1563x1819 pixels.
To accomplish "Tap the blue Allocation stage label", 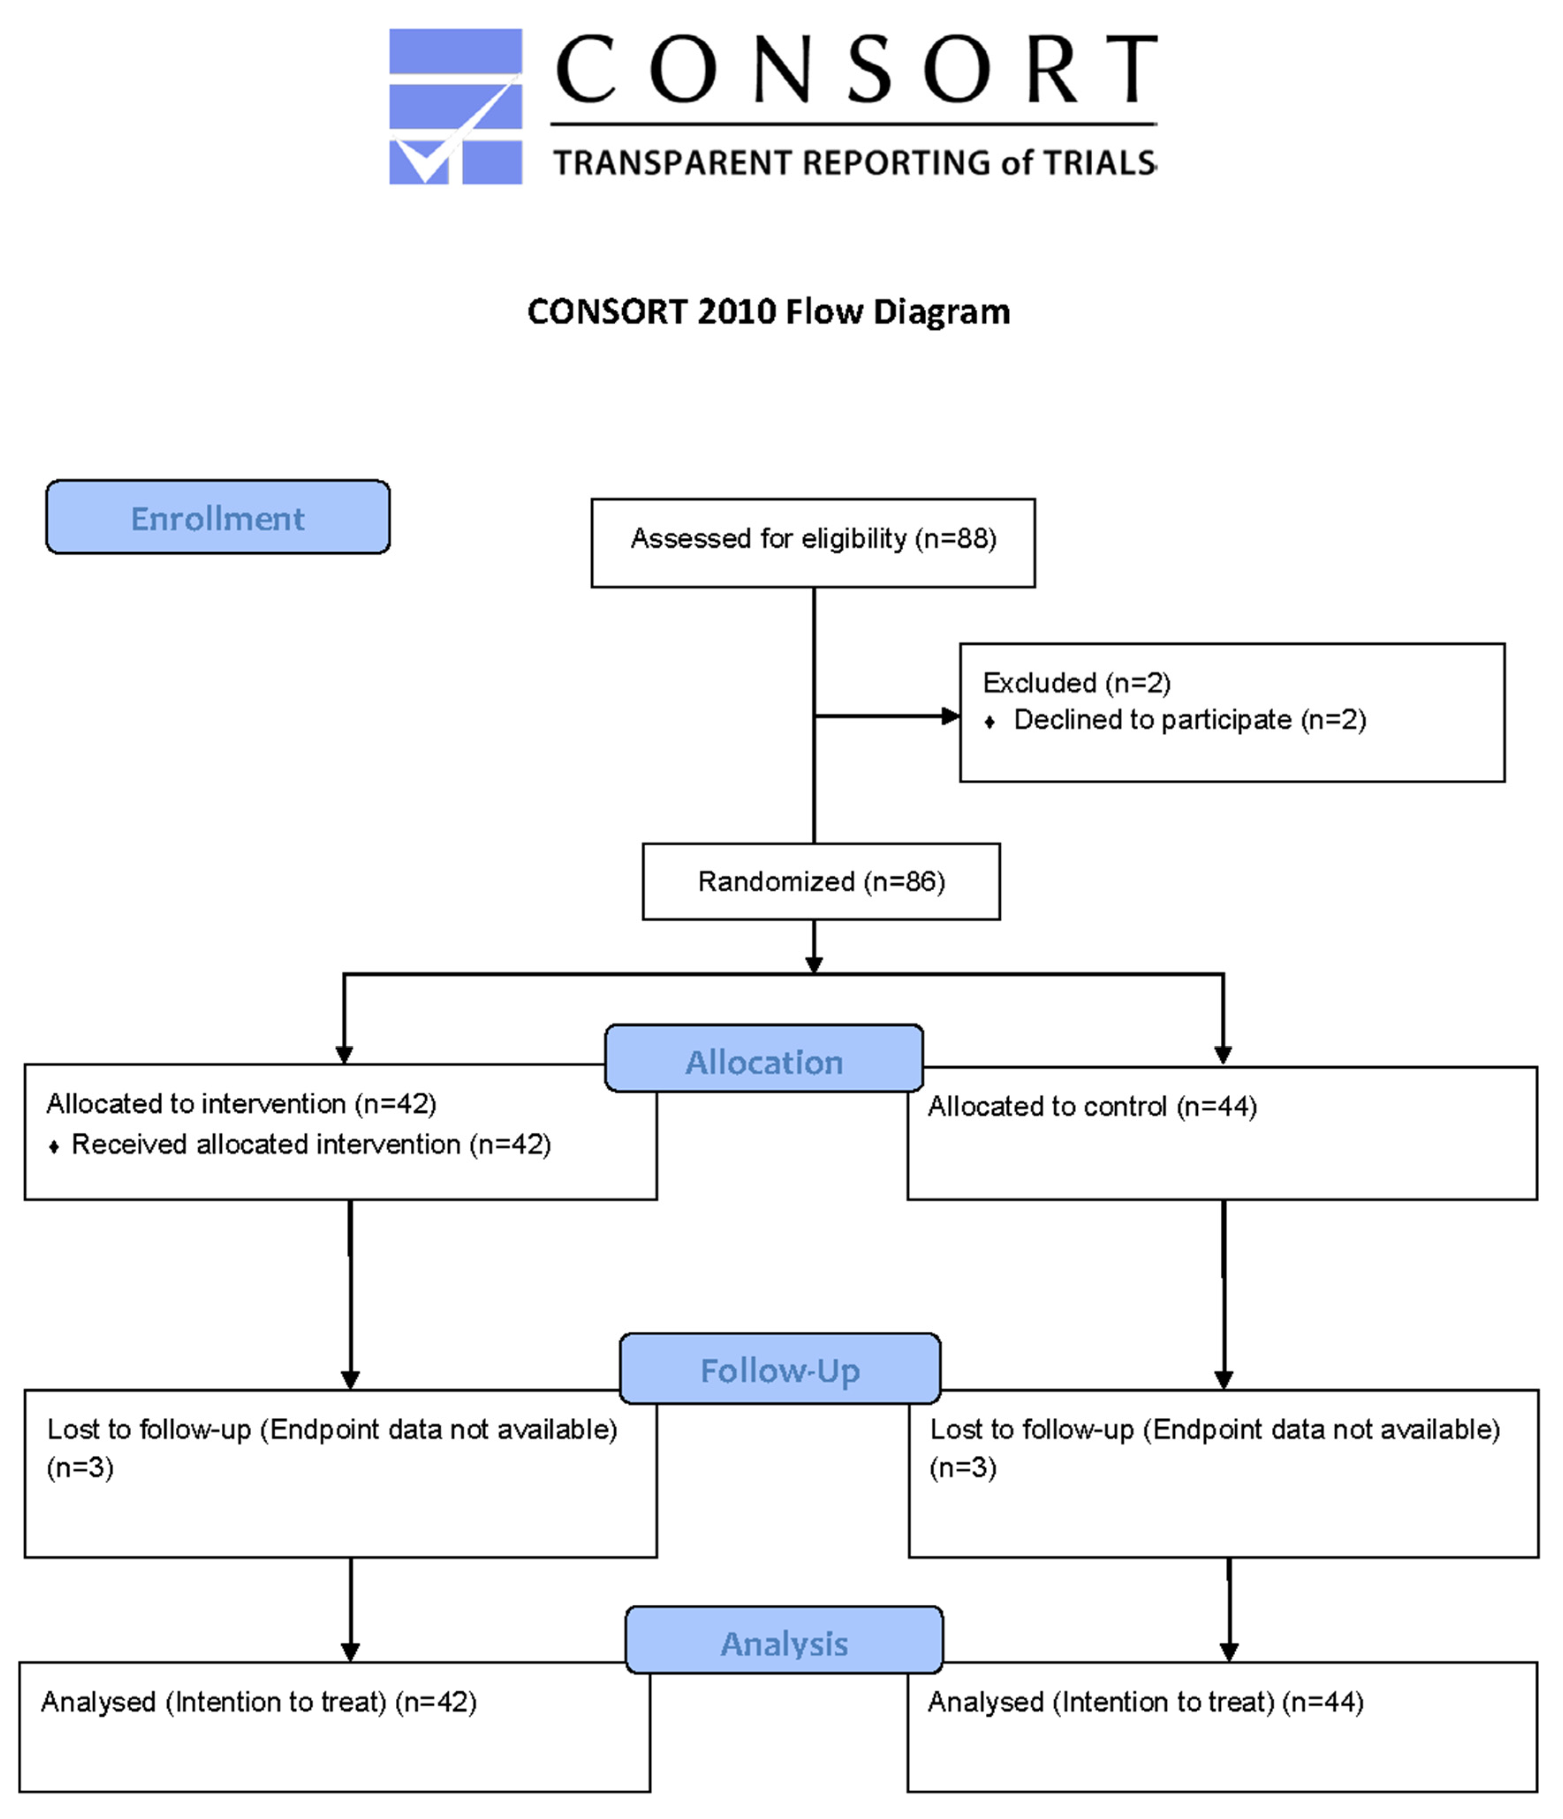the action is (764, 1058).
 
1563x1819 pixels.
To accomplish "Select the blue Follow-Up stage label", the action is (780, 1368).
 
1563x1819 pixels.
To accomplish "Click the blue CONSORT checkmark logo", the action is (455, 106).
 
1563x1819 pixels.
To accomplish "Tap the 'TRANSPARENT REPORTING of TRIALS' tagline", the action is (854, 163).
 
